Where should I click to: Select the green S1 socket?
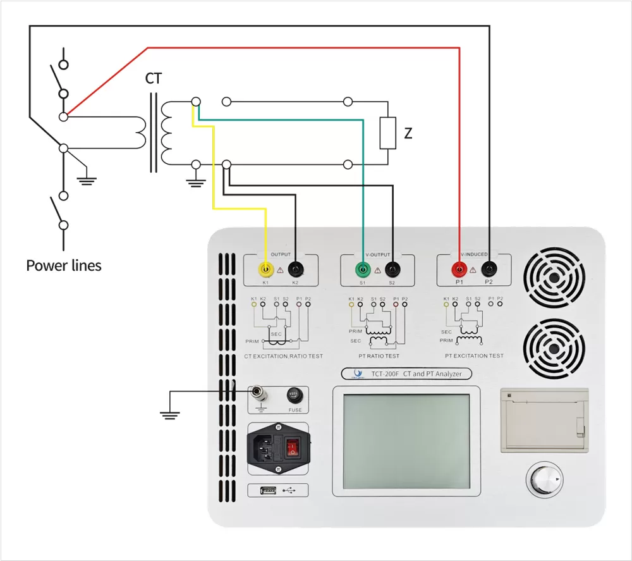(362, 269)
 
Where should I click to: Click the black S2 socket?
(392, 269)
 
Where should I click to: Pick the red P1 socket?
(459, 269)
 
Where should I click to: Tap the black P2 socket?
(489, 269)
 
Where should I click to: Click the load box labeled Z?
(387, 133)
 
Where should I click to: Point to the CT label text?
(154, 79)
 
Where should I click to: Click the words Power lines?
(64, 266)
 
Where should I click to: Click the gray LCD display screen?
(406, 441)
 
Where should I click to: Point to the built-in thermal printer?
(544, 420)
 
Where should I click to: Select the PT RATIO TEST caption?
(379, 356)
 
